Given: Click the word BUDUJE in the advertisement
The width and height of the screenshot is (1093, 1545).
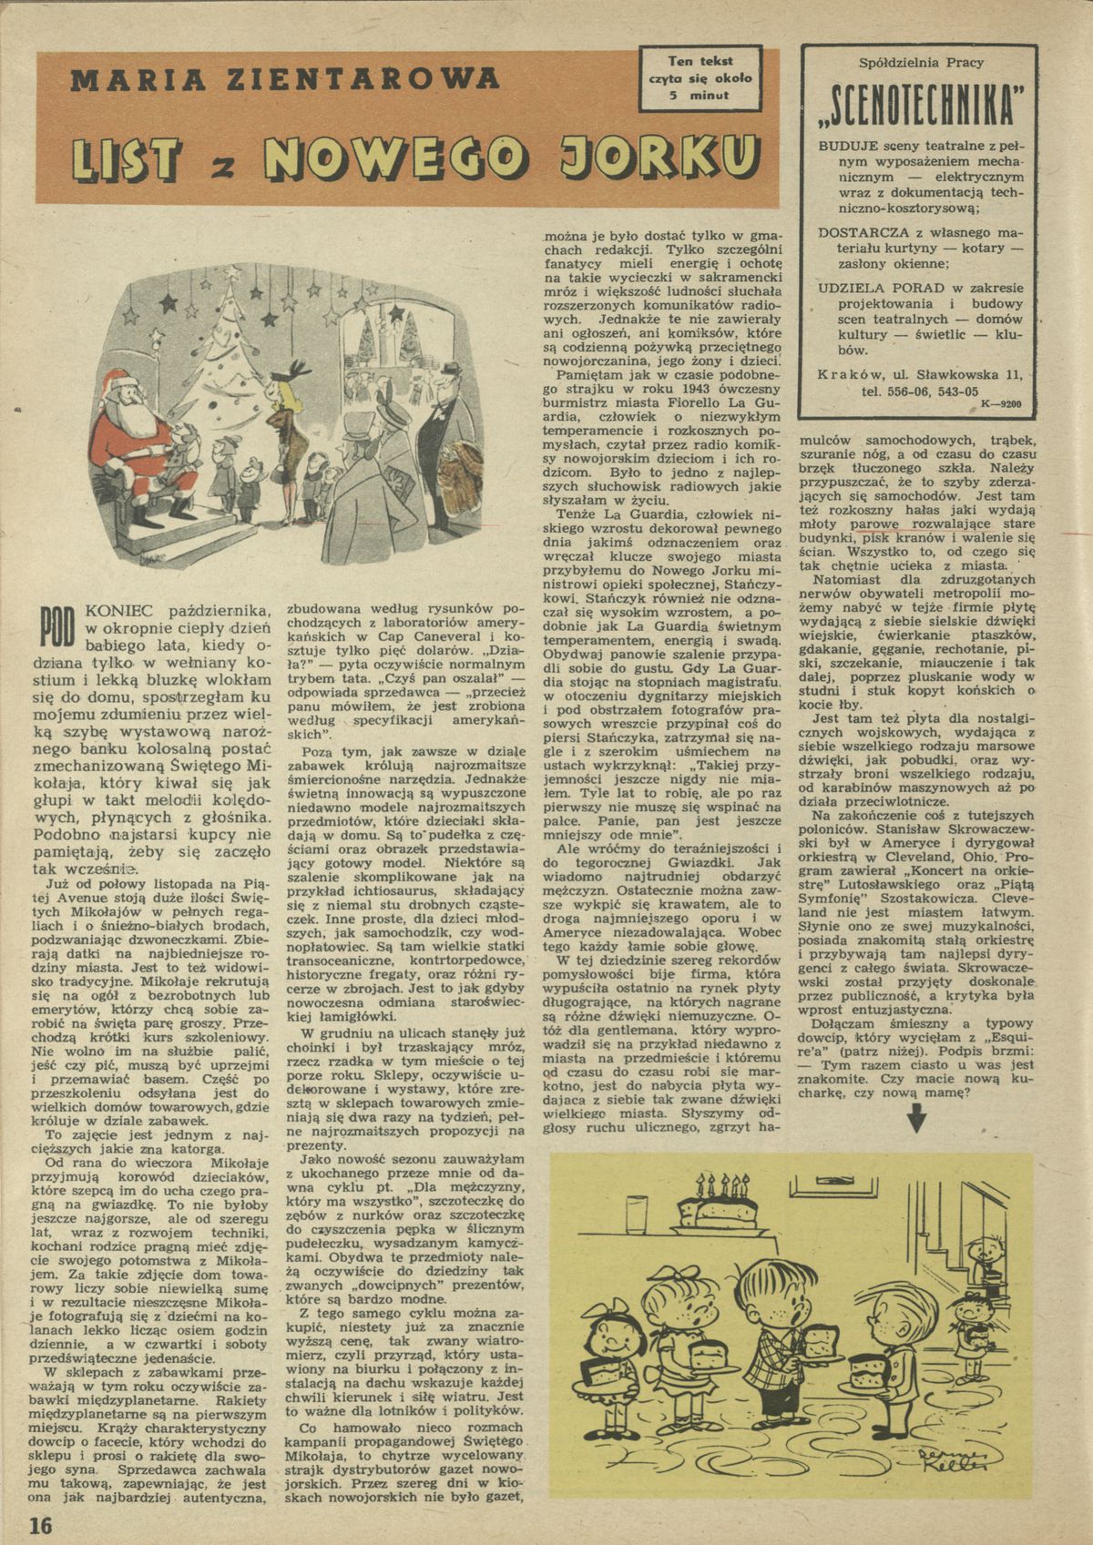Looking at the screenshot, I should [x=843, y=146].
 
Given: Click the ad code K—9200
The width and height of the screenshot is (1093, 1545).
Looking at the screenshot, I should [x=1002, y=402].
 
